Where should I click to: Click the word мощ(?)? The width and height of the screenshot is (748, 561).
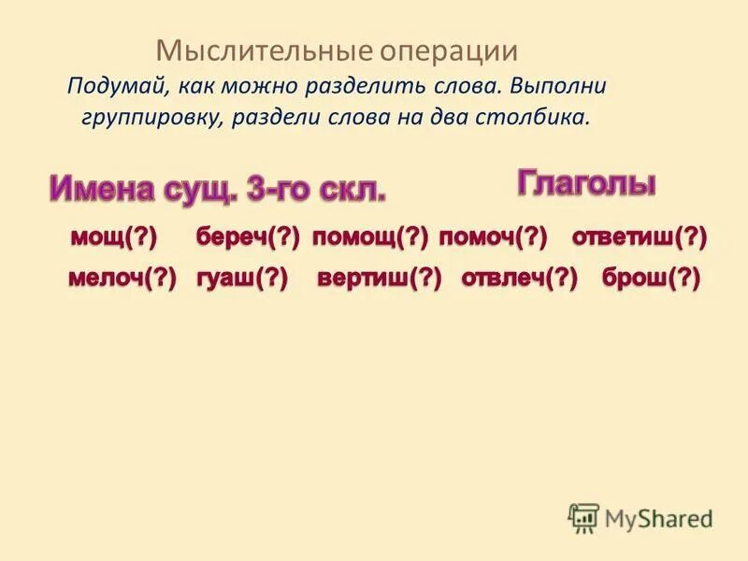[113, 238]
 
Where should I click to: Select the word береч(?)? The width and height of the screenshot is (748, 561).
[248, 238]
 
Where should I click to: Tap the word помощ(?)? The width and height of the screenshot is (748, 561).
[370, 238]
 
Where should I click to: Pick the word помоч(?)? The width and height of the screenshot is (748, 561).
[493, 238]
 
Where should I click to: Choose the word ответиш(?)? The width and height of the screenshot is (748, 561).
[640, 238]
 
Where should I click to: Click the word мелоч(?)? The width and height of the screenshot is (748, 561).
[122, 279]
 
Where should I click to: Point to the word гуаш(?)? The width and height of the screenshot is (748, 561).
[242, 279]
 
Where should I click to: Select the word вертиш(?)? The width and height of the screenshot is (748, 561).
[379, 279]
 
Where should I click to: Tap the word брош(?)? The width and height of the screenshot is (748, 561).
[652, 279]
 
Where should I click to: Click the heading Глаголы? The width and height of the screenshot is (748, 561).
[586, 183]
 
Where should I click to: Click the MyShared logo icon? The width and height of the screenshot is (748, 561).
[584, 517]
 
